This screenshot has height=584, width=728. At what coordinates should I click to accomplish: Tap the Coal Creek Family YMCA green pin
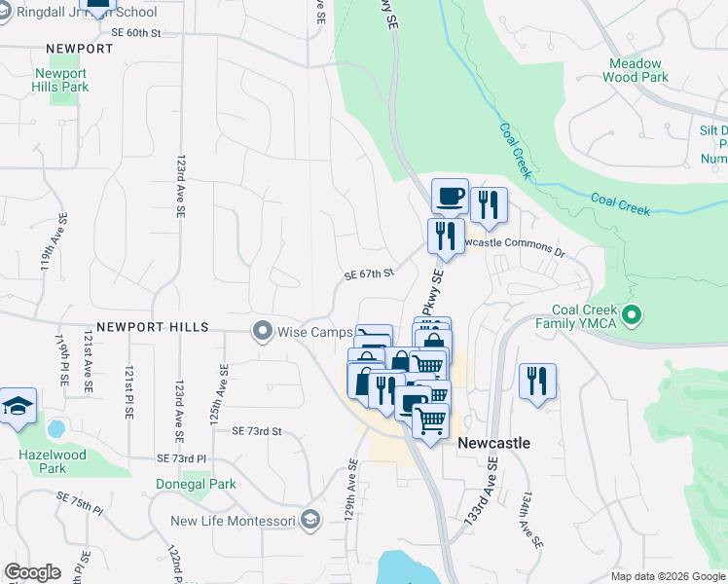pos(632,315)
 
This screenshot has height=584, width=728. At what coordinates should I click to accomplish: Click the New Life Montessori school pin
pos(310,521)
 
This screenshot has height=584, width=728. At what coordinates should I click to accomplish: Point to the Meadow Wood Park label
pos(637,70)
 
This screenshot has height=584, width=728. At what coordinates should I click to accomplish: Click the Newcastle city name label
pos(493,443)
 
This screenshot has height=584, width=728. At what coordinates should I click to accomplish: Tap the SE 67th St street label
pos(369,275)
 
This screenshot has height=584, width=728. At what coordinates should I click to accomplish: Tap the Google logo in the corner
pos(32,572)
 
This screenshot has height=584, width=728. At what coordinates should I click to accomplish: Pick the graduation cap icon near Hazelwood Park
pos(17,406)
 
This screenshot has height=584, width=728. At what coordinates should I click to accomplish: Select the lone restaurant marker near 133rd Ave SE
pos(536,381)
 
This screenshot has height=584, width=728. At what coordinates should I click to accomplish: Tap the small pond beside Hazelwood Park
pos(55,428)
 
